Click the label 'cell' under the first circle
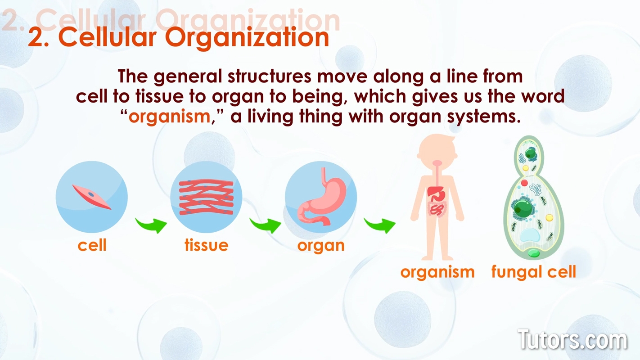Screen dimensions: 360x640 point(92,245)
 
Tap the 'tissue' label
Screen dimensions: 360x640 point(206,245)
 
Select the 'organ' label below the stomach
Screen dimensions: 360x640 point(321,245)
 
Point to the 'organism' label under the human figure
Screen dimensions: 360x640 point(437,272)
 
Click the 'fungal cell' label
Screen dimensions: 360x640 point(534,272)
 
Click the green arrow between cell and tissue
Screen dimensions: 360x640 point(151,225)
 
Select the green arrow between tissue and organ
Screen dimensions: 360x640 point(266,225)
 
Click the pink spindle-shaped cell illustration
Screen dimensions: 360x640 point(92,196)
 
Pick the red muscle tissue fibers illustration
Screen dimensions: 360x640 point(206,197)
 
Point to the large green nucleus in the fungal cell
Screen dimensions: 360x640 point(523,208)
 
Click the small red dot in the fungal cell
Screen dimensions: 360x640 point(524,183)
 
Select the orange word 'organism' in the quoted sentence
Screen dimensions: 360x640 point(169,117)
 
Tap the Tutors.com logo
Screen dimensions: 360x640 point(572,340)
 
